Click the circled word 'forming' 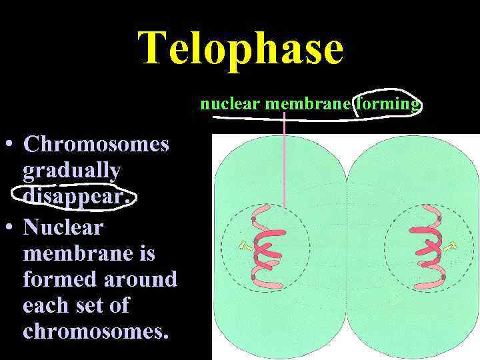(x=389, y=104)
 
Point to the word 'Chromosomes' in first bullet (x=96, y=144)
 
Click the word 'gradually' (x=72, y=171)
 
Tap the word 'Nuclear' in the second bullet (x=63, y=227)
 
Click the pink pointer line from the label (x=285, y=160)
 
